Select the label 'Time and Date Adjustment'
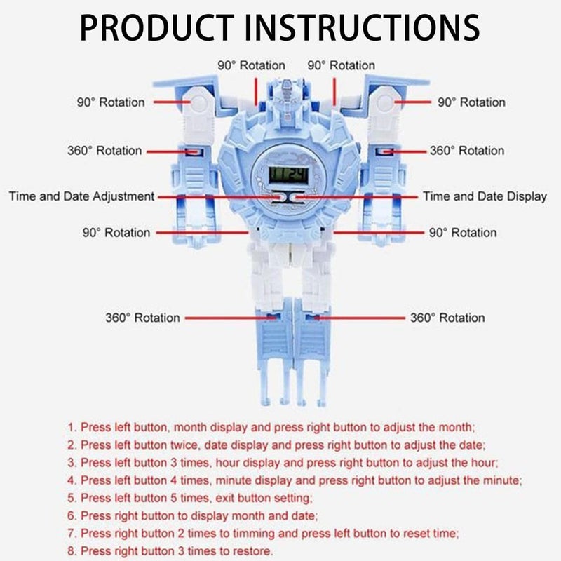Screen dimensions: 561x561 click(81, 197)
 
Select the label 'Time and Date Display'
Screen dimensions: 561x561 click(485, 197)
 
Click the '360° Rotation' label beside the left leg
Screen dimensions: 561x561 click(143, 318)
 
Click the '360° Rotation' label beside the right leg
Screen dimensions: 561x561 click(447, 318)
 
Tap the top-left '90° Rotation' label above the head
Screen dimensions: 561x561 click(251, 65)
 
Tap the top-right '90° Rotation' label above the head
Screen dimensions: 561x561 click(342, 65)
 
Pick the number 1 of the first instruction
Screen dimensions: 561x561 click(71, 426)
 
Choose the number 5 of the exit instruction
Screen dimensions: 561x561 click(71, 498)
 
